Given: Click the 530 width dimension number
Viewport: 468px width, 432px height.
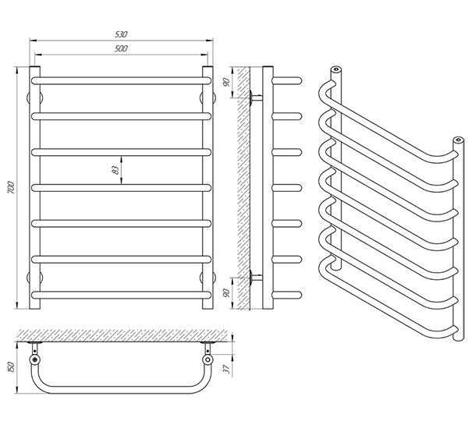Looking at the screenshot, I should click(x=121, y=35).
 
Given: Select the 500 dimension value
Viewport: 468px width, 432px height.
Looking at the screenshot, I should click(x=121, y=48).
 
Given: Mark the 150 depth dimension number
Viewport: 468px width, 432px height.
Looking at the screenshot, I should click(x=10, y=367).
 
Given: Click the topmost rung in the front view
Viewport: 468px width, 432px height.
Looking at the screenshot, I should click(x=121, y=79).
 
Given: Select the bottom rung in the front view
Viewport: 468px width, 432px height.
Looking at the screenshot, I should click(x=121, y=294).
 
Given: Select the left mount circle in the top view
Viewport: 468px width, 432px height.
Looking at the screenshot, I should click(x=36, y=360).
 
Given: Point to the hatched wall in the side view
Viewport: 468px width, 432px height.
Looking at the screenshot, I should click(x=244, y=187).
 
